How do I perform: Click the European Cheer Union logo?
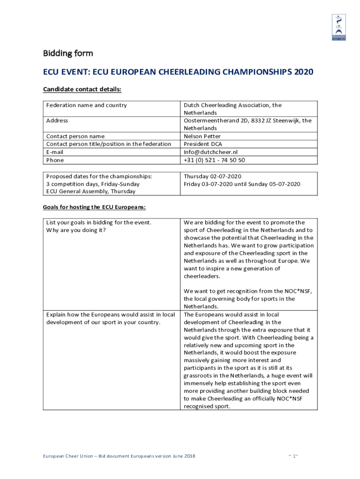click(339, 27)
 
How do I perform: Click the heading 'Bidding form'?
click(68, 53)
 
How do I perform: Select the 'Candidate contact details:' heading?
click(82, 89)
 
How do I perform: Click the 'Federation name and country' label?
click(86, 105)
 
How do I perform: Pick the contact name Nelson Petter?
click(202, 136)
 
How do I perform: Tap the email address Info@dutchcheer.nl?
click(210, 152)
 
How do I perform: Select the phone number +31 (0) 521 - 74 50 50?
click(214, 160)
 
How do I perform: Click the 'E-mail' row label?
click(55, 152)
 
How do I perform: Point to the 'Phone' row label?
click(55, 160)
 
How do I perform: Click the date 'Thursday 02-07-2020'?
click(212, 176)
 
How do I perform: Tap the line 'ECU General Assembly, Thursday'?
click(91, 191)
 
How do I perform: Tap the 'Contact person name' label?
click(75, 136)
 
